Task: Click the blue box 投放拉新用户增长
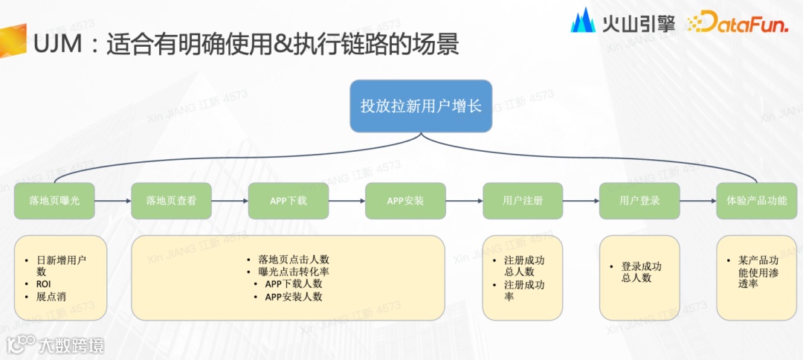tap(421, 106)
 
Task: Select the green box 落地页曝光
tap(54, 201)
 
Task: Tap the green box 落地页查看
tap(171, 201)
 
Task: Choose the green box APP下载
tap(288, 201)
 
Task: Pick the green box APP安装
tap(405, 201)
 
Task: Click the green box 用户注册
tap(523, 201)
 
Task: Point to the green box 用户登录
tap(639, 201)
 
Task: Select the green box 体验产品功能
tap(756, 201)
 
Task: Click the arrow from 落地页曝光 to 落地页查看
tap(113, 201)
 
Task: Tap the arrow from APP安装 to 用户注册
tap(464, 201)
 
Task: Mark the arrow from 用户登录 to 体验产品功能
tap(698, 201)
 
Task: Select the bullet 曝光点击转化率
tap(294, 271)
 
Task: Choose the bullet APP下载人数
tap(294, 284)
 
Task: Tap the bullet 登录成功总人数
tap(641, 271)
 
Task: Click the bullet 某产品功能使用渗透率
tap(758, 271)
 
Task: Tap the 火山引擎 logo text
tap(638, 23)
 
